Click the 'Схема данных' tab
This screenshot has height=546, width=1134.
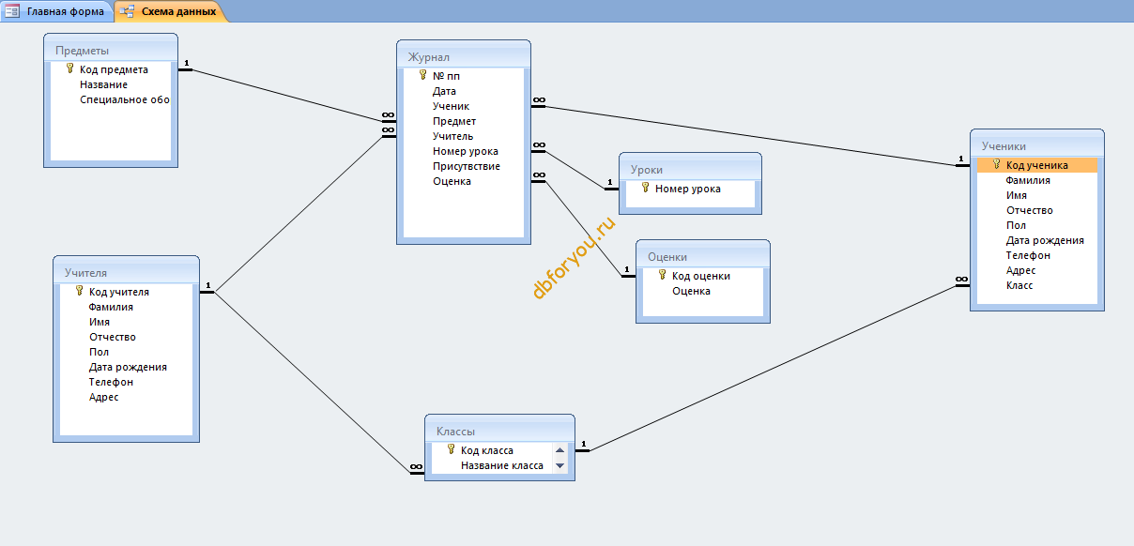point(171,11)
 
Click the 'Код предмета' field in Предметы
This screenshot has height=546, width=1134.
point(114,69)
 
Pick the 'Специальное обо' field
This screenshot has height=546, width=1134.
point(125,99)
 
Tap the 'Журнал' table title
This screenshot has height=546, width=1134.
point(429,57)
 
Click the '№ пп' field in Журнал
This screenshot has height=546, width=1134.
point(446,76)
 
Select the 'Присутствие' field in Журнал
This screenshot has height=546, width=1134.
point(467,166)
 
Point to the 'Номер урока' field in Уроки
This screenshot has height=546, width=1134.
point(687,189)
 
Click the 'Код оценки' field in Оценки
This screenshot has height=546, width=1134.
point(701,276)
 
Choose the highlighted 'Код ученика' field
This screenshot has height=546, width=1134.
point(1036,165)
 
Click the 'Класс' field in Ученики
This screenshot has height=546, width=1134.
point(1019,285)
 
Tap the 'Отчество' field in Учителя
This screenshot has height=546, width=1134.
point(113,337)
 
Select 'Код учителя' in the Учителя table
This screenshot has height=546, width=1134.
point(119,292)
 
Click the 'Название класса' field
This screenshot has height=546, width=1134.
point(501,465)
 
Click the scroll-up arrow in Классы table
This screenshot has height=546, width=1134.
point(559,450)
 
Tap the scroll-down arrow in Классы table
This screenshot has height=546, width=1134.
point(559,465)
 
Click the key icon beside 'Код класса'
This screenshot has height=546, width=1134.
point(452,449)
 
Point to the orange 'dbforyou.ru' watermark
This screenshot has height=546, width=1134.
point(574,257)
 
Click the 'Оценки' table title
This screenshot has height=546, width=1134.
point(667,257)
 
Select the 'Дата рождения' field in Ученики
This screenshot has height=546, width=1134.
point(1045,240)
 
